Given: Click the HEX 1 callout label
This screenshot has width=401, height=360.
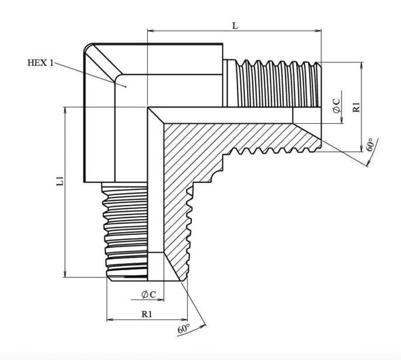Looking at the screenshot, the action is pos(40,63).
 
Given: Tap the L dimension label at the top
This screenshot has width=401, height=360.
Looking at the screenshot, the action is pos(235,26).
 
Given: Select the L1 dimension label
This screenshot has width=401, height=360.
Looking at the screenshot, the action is pos(60,180).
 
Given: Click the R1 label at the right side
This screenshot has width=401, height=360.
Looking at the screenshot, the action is pos(356,107).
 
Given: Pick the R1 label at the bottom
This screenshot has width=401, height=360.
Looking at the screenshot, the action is pos(147,314).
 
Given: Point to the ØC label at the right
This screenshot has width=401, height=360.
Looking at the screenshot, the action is pos(336,105).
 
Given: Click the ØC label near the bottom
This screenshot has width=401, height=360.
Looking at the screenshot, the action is pos(148,295).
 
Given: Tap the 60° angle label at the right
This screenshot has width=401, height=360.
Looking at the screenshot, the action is pos(372,145).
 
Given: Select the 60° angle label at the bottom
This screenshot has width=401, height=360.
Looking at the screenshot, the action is pos(184,329).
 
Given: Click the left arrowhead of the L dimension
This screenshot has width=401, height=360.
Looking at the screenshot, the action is pos(150,31).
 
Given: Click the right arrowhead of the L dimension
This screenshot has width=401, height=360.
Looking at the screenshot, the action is pos(318,31).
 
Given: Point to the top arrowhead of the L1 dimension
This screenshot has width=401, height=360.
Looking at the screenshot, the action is pos(65,110).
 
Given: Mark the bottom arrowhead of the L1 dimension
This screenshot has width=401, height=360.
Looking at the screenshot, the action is pos(65,274).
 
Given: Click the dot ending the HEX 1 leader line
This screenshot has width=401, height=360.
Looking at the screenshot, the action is pos(126,86).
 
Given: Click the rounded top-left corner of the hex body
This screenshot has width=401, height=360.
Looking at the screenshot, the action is pos(87,47).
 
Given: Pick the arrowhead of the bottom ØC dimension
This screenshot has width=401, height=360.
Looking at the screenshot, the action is pos(161,299).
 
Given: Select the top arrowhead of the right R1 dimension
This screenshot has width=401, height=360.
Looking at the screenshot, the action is pos(362,65).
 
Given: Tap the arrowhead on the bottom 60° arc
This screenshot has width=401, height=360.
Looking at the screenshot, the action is pos(203,326).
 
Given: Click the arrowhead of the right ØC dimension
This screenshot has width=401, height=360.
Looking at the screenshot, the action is pos(341,120).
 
